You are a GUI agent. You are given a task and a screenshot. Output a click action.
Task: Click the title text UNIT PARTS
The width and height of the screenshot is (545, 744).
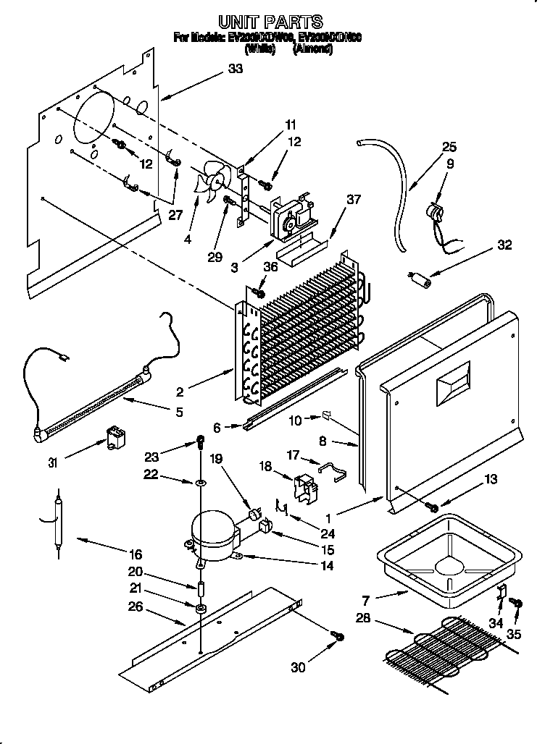pos(270,22)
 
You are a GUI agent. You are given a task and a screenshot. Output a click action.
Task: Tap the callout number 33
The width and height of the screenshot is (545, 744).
pos(235,69)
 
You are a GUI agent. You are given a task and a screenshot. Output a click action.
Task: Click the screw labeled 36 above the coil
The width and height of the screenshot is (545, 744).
pos(258,292)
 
